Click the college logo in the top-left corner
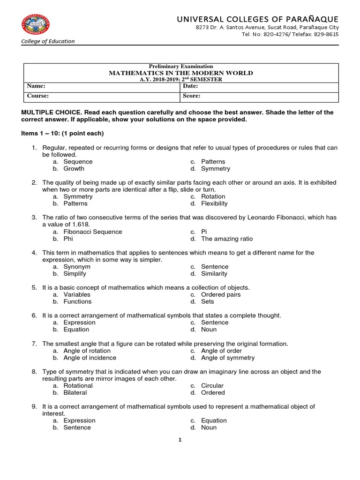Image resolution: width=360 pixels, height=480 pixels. (x=36, y=23)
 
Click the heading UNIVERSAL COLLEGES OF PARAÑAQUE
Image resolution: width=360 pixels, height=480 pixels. (x=257, y=19)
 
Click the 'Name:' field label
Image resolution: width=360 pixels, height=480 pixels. (x=36, y=86)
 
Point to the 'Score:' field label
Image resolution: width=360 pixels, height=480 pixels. (x=192, y=96)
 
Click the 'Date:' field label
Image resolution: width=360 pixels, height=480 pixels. (x=191, y=86)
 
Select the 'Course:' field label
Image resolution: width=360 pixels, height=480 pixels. (x=38, y=96)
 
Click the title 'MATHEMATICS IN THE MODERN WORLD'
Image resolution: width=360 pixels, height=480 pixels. (x=181, y=73)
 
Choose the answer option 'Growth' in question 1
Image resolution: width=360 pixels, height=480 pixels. (x=74, y=169)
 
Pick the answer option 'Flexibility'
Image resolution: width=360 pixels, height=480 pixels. (x=214, y=203)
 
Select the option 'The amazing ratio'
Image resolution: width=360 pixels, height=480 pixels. (x=227, y=239)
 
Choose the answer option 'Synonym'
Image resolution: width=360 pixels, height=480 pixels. (x=77, y=267)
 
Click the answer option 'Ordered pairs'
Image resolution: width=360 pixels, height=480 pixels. (x=221, y=294)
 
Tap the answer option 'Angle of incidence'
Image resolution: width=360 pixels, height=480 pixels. (x=89, y=358)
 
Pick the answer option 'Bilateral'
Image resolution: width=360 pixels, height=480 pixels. (x=75, y=392)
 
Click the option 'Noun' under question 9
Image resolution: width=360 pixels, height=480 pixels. (x=209, y=427)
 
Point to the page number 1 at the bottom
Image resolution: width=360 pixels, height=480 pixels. (x=180, y=440)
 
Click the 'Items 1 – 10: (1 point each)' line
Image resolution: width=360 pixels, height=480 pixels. (x=62, y=134)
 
